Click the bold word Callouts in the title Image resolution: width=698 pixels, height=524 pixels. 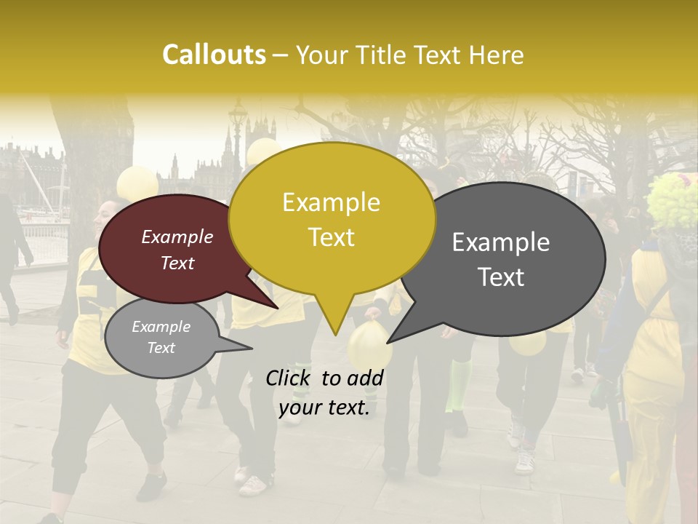(x=214, y=55)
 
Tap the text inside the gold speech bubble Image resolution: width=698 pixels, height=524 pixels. (x=331, y=220)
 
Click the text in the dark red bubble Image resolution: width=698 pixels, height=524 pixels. (x=177, y=250)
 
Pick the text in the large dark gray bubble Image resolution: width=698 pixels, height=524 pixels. (x=501, y=259)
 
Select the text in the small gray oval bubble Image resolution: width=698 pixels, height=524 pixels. (x=161, y=337)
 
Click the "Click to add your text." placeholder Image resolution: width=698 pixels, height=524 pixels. (x=324, y=392)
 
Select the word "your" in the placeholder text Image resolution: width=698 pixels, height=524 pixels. (x=300, y=408)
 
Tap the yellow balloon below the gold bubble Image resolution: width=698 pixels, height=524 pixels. (x=369, y=346)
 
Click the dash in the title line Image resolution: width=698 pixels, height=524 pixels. (x=281, y=55)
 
